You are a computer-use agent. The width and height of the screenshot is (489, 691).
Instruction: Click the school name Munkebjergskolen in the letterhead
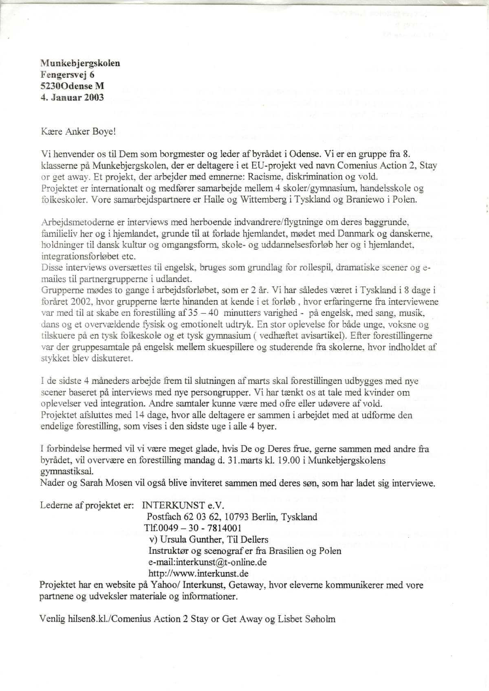point(80,63)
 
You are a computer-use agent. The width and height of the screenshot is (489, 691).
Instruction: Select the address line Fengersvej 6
point(68,75)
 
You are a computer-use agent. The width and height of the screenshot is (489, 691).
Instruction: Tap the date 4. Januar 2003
point(72,97)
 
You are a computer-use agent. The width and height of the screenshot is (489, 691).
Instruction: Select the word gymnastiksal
point(67,472)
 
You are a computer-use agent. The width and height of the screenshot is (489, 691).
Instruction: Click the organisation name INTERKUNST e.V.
point(183,506)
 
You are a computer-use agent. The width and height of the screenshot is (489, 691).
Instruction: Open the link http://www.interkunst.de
point(198,574)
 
